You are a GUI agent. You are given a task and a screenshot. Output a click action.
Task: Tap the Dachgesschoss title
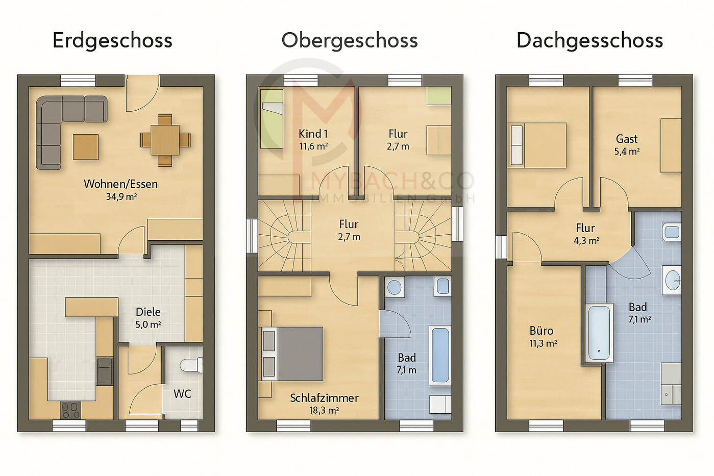[x=589, y=41]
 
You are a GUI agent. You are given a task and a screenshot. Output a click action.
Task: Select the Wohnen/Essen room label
[x=121, y=184]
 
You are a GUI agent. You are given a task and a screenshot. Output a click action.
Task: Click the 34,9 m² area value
[x=121, y=196]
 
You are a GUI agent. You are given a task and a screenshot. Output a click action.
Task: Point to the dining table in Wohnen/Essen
[x=165, y=140]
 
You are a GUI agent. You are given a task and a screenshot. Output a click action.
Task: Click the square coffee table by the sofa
[x=86, y=147]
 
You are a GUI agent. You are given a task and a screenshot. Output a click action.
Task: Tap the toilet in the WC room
[x=191, y=365]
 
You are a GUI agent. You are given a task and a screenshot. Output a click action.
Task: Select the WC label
[x=182, y=394]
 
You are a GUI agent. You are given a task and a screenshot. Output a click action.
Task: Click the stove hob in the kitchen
[x=70, y=410]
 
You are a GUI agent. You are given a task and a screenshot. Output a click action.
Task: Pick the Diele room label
[x=148, y=312]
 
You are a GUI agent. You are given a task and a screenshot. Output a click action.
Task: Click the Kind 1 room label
[x=313, y=134]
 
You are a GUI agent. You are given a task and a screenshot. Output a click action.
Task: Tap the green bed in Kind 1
[x=272, y=119]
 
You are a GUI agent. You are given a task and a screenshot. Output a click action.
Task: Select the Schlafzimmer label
[x=324, y=398]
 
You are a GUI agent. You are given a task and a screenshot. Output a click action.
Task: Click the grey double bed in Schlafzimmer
[x=292, y=354]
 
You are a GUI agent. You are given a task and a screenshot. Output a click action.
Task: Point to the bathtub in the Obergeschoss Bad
[x=440, y=356]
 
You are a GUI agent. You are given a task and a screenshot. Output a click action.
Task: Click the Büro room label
[x=541, y=331]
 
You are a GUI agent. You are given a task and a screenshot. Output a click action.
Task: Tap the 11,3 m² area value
[x=543, y=343]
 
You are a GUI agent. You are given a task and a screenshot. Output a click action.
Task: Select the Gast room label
[x=627, y=139]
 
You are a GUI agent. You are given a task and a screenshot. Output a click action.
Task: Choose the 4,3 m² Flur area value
[x=586, y=240]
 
